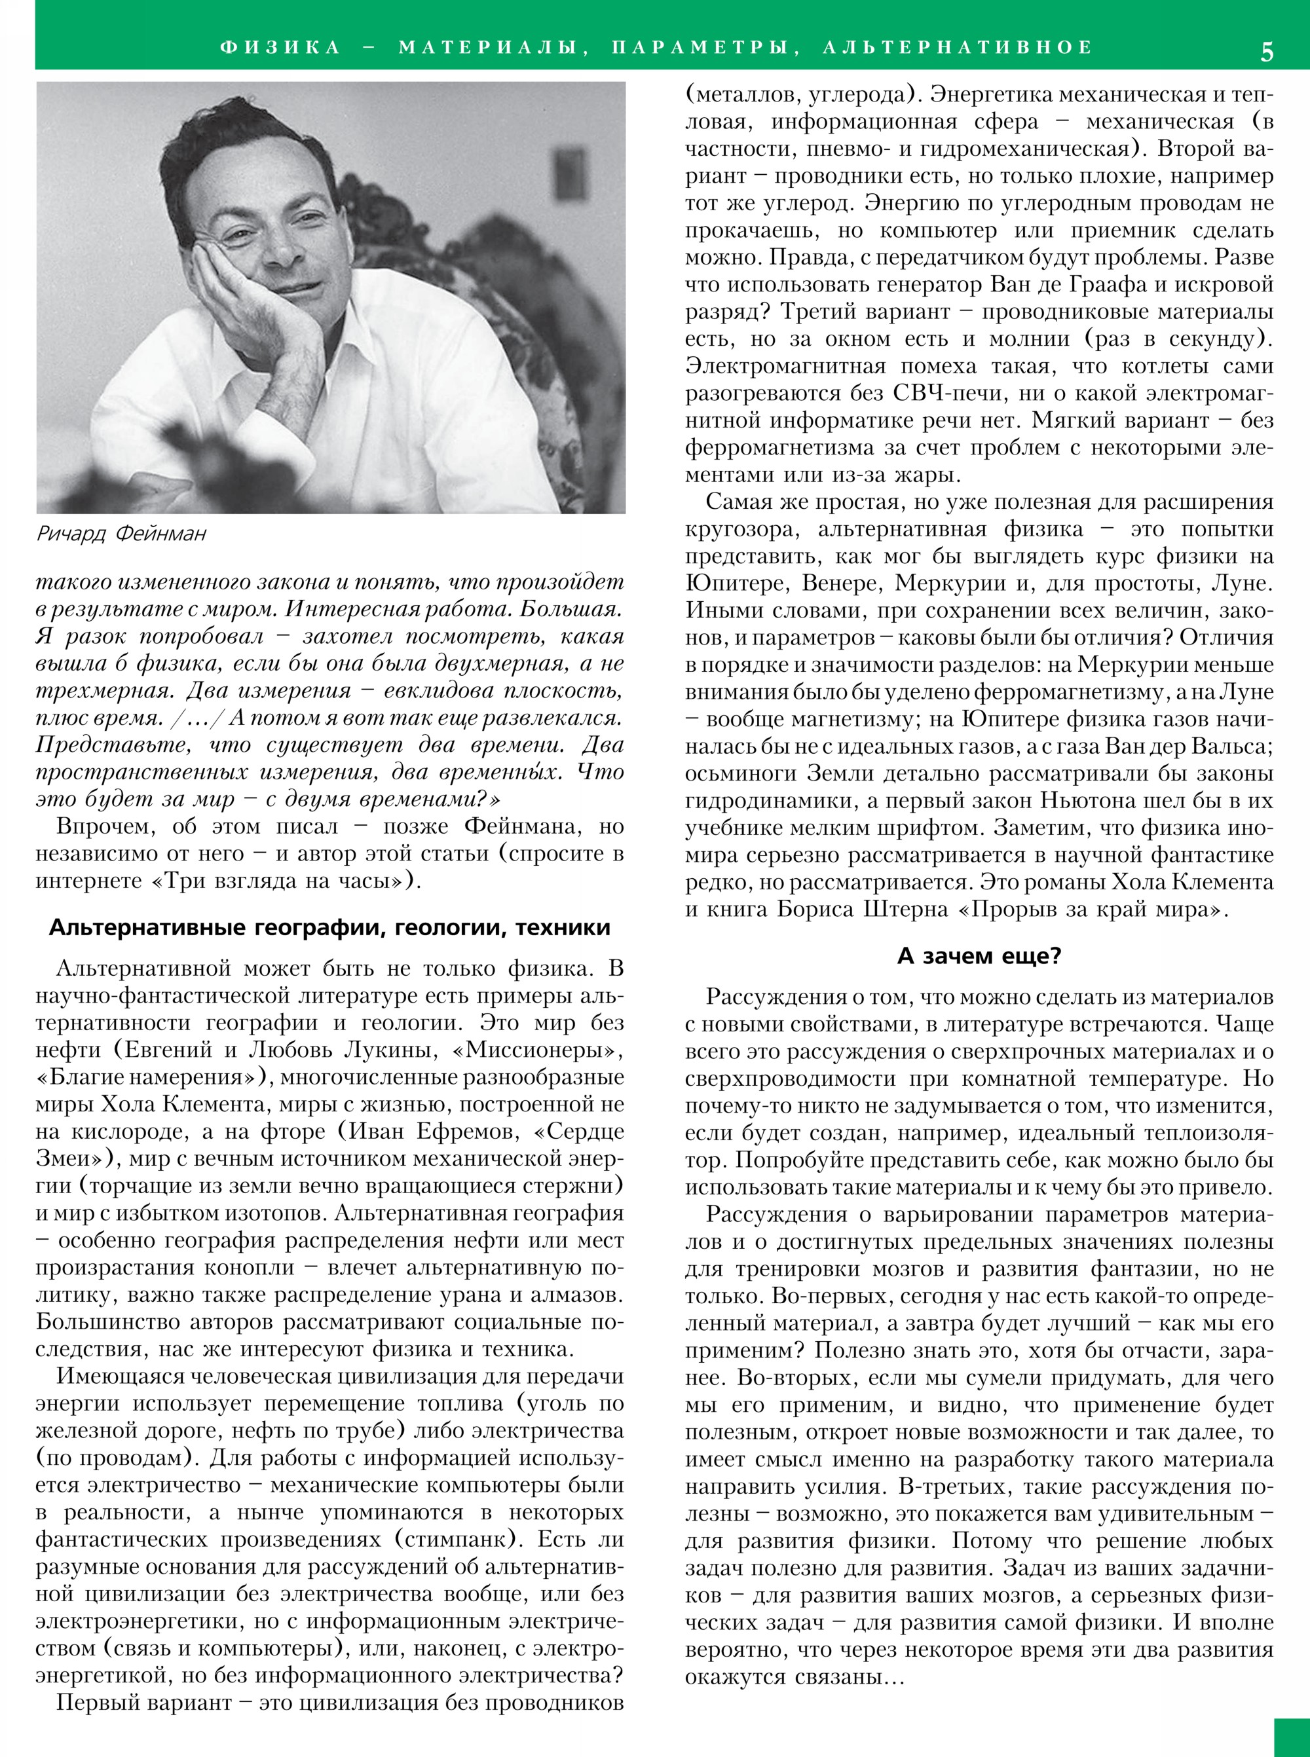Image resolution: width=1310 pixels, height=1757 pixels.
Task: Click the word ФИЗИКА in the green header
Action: click(x=280, y=48)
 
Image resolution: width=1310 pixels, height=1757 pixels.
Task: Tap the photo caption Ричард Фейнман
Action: click(x=121, y=534)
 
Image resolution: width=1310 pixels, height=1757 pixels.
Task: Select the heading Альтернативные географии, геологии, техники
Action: click(x=330, y=928)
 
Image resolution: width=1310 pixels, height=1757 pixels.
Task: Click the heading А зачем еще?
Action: click(x=979, y=956)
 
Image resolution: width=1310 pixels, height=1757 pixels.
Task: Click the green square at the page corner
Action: click(x=1292, y=1737)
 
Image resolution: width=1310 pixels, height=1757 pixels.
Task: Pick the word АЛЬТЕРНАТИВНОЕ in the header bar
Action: click(x=957, y=48)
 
